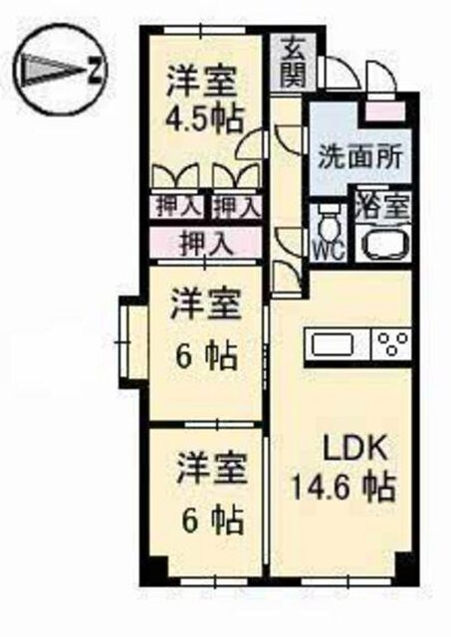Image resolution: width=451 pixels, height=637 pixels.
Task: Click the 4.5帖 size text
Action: click(x=203, y=119)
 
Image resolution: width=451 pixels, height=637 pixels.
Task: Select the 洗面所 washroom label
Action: click(x=360, y=156)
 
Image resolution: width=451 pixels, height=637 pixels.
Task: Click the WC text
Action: click(x=328, y=253)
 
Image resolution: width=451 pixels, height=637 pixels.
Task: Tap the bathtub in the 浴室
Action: click(x=382, y=244)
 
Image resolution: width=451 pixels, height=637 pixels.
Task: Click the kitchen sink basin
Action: click(x=334, y=344)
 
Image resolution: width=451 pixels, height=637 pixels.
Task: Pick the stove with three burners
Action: click(x=392, y=345)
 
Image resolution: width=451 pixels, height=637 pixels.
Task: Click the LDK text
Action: click(x=353, y=449)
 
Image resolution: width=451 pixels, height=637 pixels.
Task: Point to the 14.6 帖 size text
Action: click(x=343, y=488)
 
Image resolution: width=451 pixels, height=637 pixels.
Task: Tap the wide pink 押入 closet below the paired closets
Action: click(x=205, y=242)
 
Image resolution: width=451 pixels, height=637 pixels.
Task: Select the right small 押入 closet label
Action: click(x=236, y=207)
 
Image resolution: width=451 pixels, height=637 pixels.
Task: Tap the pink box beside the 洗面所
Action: click(x=384, y=111)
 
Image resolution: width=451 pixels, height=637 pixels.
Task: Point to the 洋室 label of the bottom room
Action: click(x=212, y=470)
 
